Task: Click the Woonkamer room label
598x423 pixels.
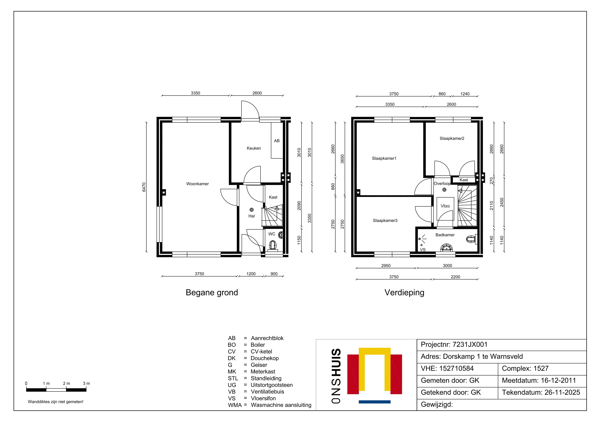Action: (197, 184)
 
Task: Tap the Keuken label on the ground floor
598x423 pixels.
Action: (254, 148)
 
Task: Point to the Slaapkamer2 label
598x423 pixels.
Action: (452, 138)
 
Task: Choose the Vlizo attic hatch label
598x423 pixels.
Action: (445, 206)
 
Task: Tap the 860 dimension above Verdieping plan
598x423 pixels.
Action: (442, 94)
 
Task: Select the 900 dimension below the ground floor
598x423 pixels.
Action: (274, 274)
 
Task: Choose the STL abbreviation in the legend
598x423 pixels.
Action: (233, 378)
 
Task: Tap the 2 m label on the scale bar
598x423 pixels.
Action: (66, 383)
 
